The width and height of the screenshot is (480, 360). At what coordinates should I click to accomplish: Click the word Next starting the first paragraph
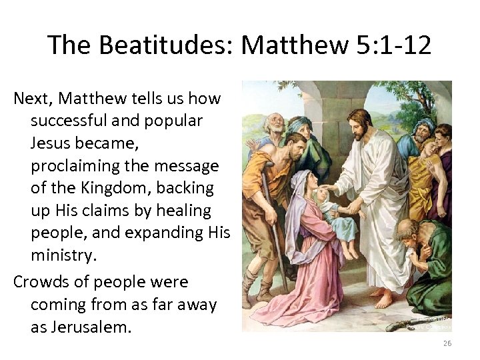[33, 99]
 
